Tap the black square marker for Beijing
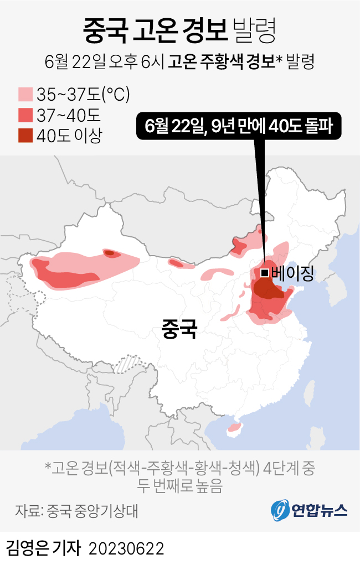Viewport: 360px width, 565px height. pyautogui.click(x=265, y=272)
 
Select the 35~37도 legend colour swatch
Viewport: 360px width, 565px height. pyautogui.click(x=25, y=95)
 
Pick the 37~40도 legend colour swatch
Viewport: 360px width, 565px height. pyautogui.click(x=25, y=115)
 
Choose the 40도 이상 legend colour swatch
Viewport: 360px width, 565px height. pyautogui.click(x=25, y=135)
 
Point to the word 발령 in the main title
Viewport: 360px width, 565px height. pyautogui.click(x=255, y=30)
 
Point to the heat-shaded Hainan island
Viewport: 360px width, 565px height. pyautogui.click(x=235, y=427)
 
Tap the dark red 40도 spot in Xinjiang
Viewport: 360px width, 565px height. pyautogui.click(x=110, y=253)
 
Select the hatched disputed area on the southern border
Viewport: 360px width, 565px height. pyautogui.click(x=132, y=365)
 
